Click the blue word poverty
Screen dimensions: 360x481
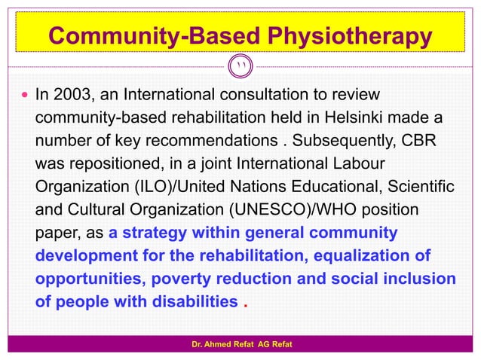[x=187, y=279]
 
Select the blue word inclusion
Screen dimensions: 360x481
[x=418, y=279]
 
